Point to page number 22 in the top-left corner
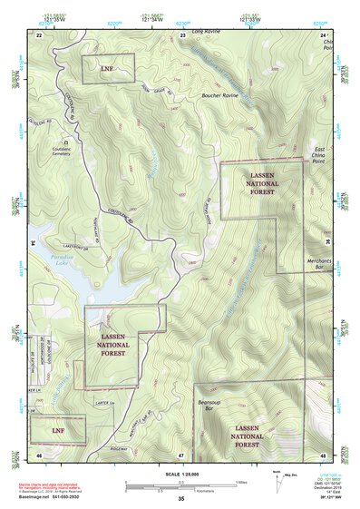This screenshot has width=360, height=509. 39,34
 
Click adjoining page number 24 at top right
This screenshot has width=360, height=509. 323,34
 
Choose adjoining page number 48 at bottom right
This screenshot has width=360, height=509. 323,454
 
